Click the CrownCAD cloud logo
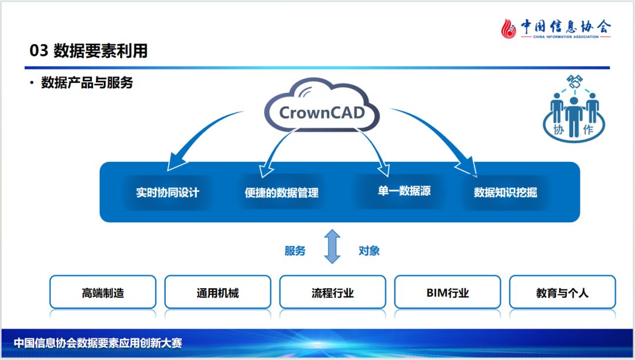[x=322, y=111]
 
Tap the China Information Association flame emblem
[x=509, y=28]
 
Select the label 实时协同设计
[x=168, y=192]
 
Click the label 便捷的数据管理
[x=282, y=192]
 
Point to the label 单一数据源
[x=404, y=191]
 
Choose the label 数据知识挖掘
[x=506, y=192]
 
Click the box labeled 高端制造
[x=103, y=292]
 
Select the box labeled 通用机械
[x=218, y=292]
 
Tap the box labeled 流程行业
[x=333, y=292]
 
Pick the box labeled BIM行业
[x=447, y=292]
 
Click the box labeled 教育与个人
[x=562, y=292]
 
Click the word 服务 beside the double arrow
[x=295, y=251]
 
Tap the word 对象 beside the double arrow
[x=369, y=251]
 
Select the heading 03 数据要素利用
[x=89, y=51]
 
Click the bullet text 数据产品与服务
[x=87, y=83]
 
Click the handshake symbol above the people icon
[x=574, y=82]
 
